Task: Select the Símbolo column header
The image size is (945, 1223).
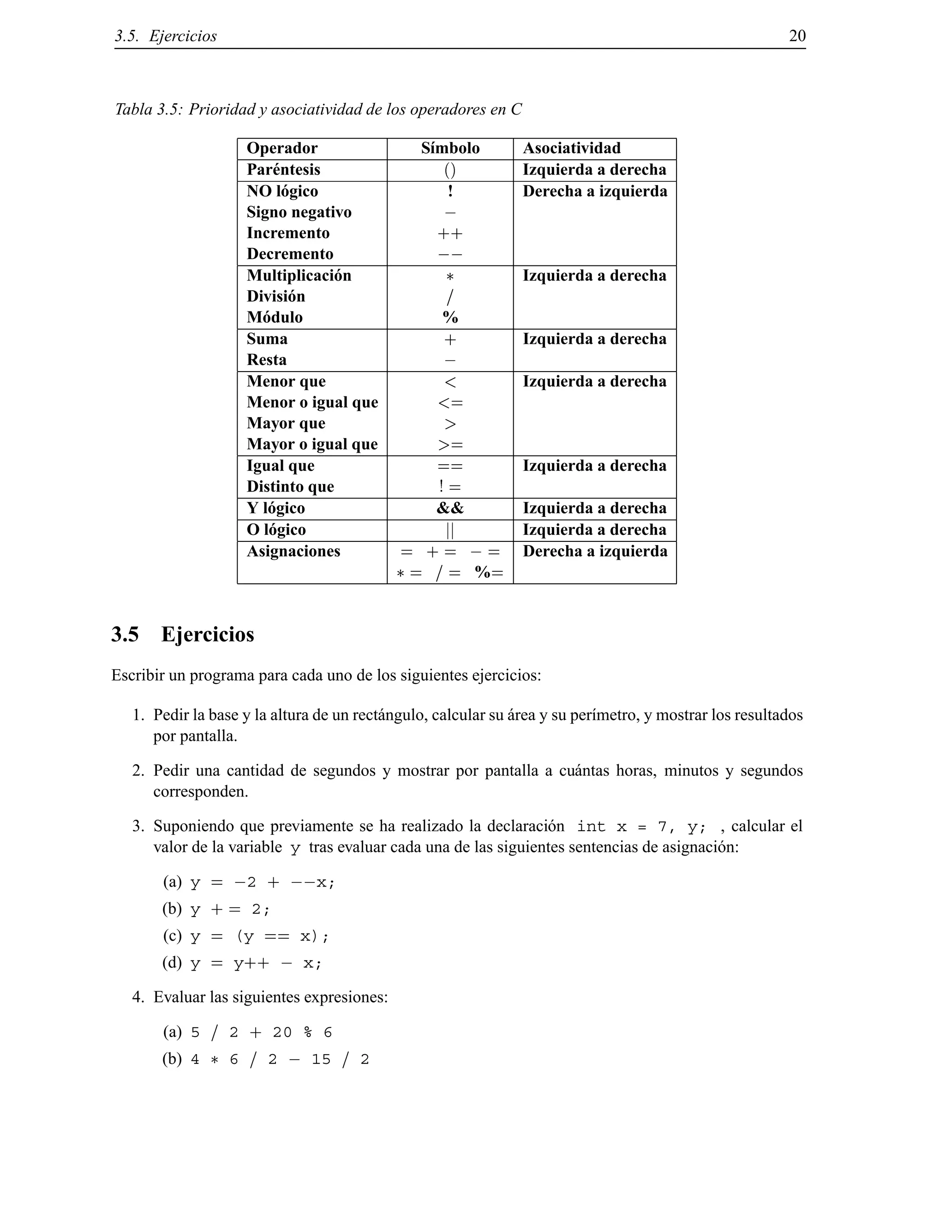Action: [x=450, y=149]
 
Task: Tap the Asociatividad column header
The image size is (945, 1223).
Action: [x=572, y=149]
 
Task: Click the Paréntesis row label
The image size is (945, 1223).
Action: [x=283, y=170]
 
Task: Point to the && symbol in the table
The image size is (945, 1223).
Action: [x=450, y=509]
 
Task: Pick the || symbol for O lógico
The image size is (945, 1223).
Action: [x=450, y=530]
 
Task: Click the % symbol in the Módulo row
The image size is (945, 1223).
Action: [x=450, y=318]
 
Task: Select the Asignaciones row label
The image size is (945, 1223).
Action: [x=293, y=552]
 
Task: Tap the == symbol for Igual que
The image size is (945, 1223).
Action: [x=450, y=467]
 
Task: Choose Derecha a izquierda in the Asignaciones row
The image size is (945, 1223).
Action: [x=594, y=552]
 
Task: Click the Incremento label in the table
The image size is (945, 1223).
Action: [x=288, y=234]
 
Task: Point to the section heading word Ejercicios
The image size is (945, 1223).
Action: [x=208, y=635]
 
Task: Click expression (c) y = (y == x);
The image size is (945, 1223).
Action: [x=260, y=936]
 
